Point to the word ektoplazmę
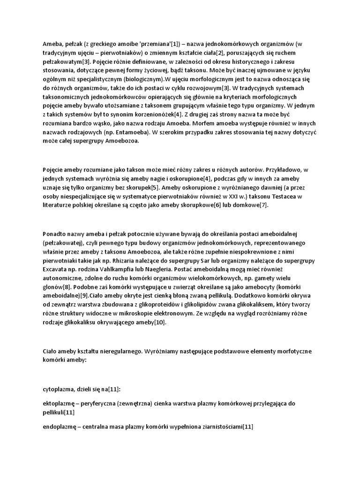pos(60,403)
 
